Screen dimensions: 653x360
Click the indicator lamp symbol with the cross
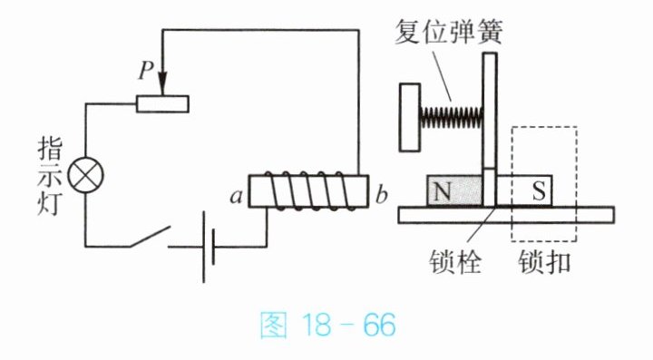tap(86, 175)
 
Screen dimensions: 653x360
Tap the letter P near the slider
tap(146, 70)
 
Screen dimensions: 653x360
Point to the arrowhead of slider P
tap(162, 84)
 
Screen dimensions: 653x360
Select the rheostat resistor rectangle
tap(162, 104)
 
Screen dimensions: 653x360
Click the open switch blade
tap(150, 236)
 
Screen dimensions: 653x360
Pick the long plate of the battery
tap(204, 247)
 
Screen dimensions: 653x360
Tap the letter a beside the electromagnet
tap(237, 196)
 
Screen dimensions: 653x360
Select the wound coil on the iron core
tap(310, 191)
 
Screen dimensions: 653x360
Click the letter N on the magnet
tap(443, 192)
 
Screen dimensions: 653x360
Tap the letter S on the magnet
tap(538, 191)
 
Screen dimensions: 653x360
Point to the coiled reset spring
tap(452, 117)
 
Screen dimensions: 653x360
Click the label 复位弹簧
tap(449, 31)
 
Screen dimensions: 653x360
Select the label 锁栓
tap(455, 262)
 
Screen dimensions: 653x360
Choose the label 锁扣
tap(544, 262)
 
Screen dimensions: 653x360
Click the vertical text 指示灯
tap(50, 177)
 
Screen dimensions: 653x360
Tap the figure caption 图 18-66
tap(327, 325)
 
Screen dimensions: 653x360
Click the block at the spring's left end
tap(410, 117)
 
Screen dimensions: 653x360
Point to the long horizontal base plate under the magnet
tap(506, 215)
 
